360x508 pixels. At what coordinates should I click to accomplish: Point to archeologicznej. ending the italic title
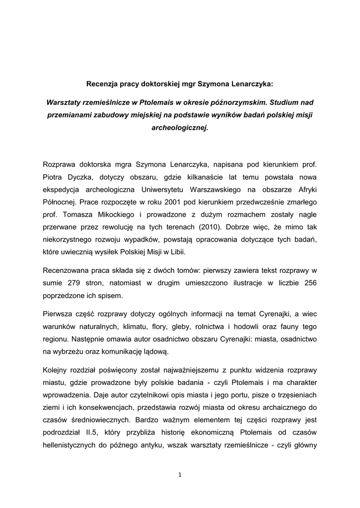180,127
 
